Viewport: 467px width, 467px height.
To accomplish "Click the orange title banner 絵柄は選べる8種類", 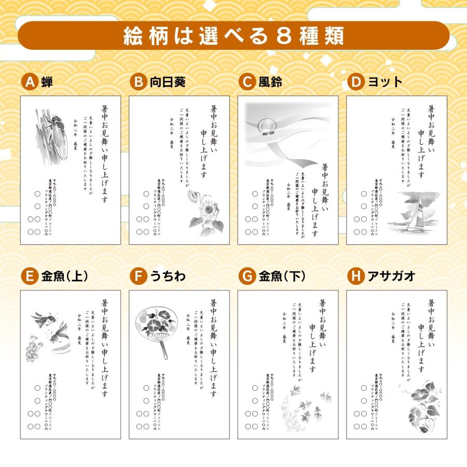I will click(233, 36).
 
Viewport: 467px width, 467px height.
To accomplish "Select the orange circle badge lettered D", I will click(355, 82).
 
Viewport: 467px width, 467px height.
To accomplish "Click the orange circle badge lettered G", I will click(247, 277).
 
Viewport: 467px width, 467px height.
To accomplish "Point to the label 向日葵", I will click(168, 82).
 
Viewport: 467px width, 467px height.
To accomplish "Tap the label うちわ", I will click(168, 277).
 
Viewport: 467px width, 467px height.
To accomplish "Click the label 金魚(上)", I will click(64, 277).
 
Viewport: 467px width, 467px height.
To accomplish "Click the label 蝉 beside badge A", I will click(47, 82).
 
